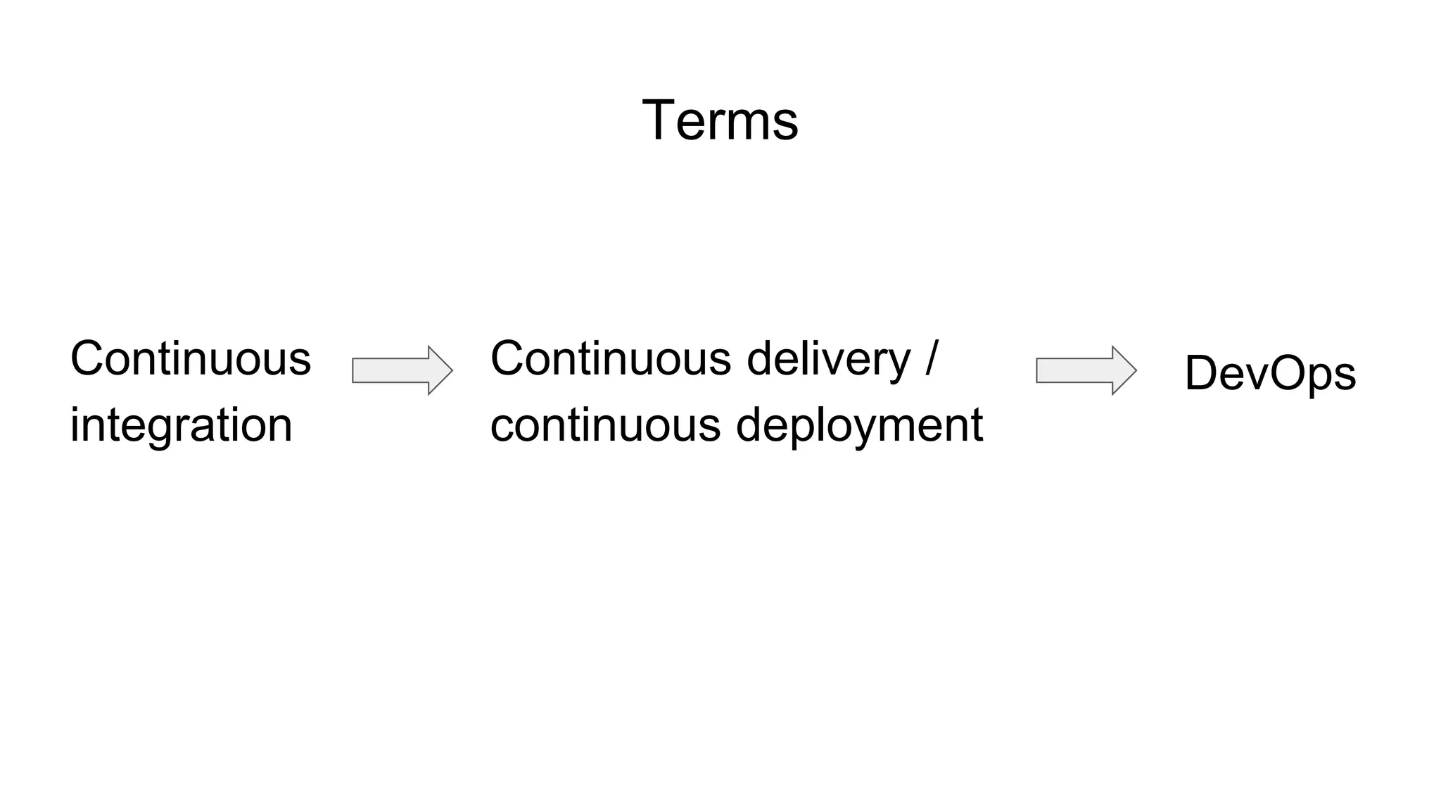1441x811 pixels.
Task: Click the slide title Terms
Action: [720, 120]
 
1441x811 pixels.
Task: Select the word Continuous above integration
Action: [190, 358]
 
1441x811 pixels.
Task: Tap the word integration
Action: [181, 425]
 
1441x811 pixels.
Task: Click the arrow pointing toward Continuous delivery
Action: [402, 370]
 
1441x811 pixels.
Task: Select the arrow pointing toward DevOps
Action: [1086, 370]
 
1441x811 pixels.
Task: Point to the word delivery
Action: [828, 358]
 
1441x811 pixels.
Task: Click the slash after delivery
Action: [932, 358]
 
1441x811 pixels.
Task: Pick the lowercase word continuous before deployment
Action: [605, 425]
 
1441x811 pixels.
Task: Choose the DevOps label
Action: [1270, 373]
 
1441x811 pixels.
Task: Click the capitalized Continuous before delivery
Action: [611, 358]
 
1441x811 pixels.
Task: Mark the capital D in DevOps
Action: [1202, 373]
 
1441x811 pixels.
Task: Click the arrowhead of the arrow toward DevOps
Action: [1124, 370]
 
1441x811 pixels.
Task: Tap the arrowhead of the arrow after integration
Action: [440, 370]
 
